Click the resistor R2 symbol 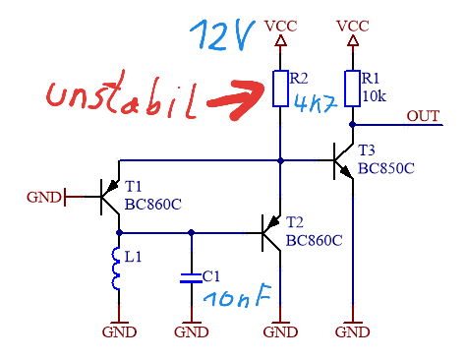click(280, 89)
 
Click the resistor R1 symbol click(353, 89)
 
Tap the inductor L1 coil click(115, 269)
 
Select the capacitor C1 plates click(192, 278)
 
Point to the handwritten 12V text click(222, 35)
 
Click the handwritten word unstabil click(122, 95)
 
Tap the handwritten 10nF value click(237, 296)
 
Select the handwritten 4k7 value click(316, 102)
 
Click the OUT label click(423, 116)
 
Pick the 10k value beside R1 click(374, 96)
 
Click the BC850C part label click(386, 168)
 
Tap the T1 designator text click(133, 187)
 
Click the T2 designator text click(295, 222)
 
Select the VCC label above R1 click(353, 27)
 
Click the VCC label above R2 click(281, 27)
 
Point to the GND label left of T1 click(44, 198)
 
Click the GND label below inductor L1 click(119, 332)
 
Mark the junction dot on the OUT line click(353, 125)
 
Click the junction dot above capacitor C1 click(192, 233)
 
